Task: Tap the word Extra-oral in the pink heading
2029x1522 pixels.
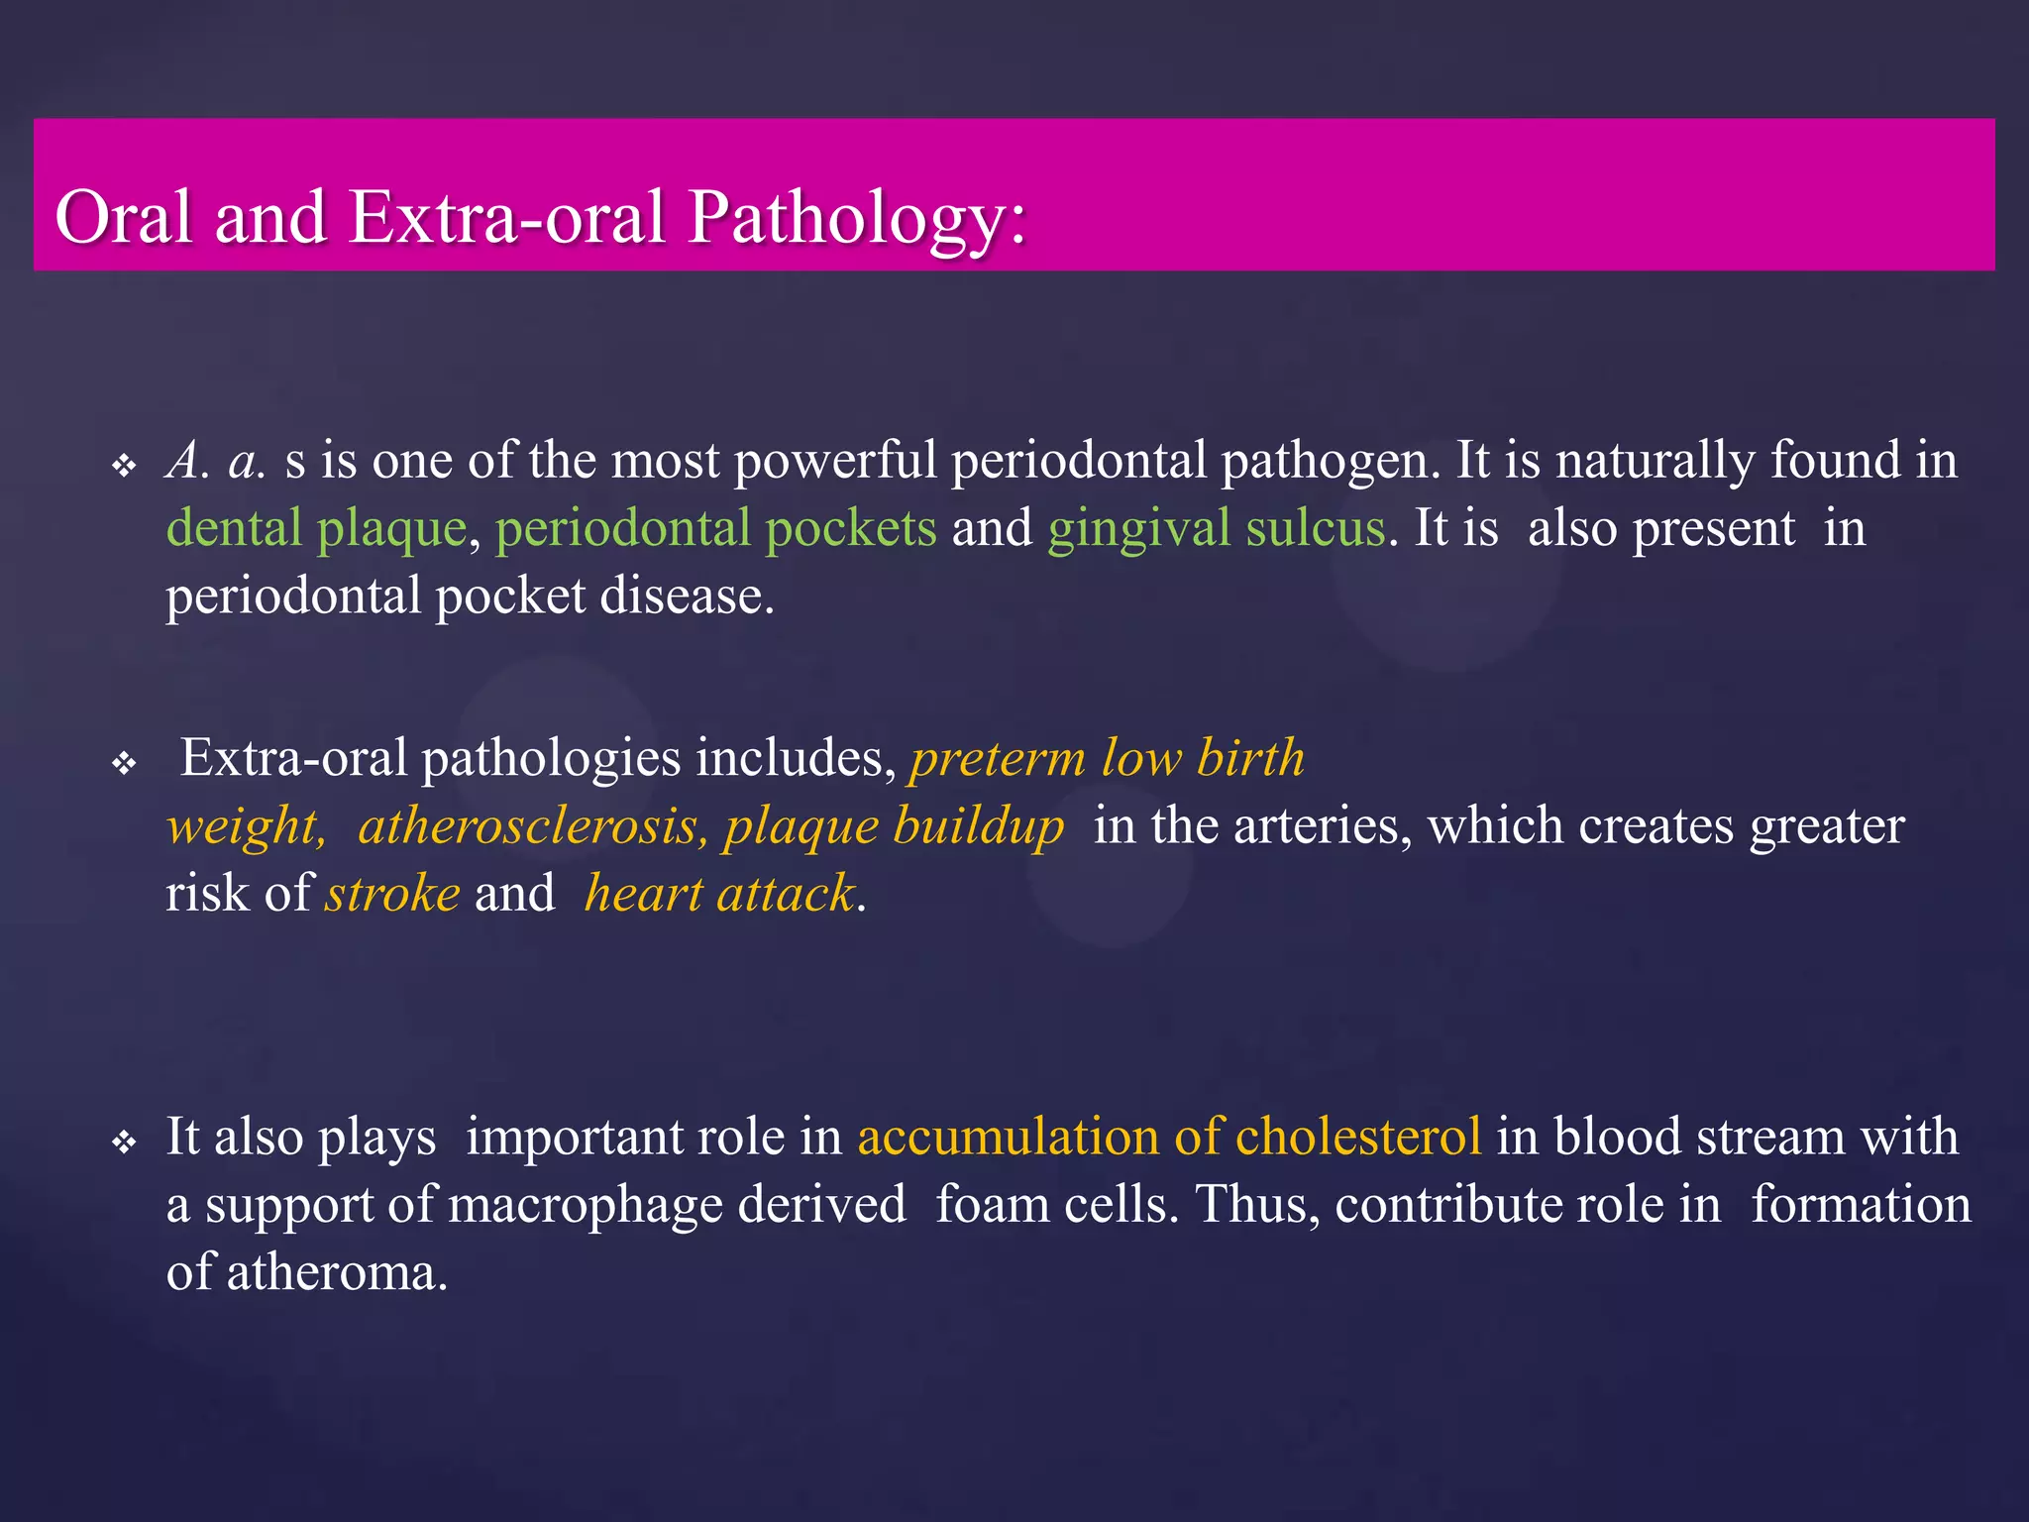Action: pyautogui.click(x=506, y=216)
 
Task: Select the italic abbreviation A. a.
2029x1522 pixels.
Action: pyautogui.click(x=216, y=461)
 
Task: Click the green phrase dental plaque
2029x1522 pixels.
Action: pyautogui.click(x=316, y=528)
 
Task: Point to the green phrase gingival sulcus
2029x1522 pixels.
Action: pyautogui.click(x=1217, y=528)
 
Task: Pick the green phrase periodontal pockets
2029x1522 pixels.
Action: pyautogui.click(x=715, y=528)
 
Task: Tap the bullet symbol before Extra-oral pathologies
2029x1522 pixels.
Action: pyautogui.click(x=124, y=764)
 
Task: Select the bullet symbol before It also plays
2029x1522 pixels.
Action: pyautogui.click(x=124, y=1142)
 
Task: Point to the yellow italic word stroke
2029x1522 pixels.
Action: pyautogui.click(x=393, y=894)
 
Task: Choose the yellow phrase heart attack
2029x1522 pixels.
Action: pyautogui.click(x=720, y=894)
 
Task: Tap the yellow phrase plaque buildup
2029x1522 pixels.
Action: pyautogui.click(x=893, y=826)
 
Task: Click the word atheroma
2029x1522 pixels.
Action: pyautogui.click(x=337, y=1273)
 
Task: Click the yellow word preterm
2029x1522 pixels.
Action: pyautogui.click(x=998, y=759)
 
